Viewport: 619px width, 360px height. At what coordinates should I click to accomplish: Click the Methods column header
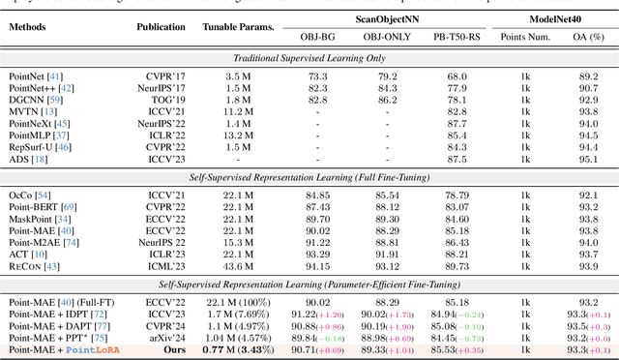point(34,28)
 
